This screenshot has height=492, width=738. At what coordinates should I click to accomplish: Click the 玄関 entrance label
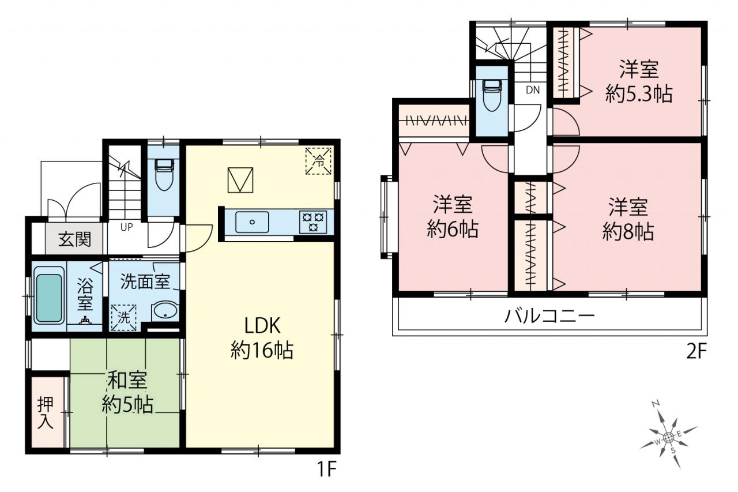(75, 239)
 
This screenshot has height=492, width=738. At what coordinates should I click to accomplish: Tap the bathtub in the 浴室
(49, 295)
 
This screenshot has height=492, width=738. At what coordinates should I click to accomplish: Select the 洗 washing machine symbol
(123, 317)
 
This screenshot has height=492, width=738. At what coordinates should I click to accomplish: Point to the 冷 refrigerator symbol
(318, 161)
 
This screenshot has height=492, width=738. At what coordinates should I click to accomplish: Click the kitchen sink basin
(252, 222)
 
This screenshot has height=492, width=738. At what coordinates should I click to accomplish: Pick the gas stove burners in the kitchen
(313, 222)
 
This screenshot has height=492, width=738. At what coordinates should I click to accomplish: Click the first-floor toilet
(164, 175)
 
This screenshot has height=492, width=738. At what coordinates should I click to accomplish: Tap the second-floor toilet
(492, 96)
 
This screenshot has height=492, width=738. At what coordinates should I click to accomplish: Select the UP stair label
(126, 227)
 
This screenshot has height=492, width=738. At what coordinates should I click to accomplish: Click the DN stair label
(532, 89)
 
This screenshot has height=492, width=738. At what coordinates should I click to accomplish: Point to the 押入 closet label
(46, 413)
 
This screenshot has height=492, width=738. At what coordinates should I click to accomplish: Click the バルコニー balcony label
(549, 316)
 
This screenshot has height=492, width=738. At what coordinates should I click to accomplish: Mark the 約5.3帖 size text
(639, 94)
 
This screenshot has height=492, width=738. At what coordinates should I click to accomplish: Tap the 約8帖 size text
(628, 232)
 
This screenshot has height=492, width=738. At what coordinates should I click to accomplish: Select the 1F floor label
(326, 470)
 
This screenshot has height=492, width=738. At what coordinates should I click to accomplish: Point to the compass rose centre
(668, 438)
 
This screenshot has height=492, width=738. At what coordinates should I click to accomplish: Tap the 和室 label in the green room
(127, 381)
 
